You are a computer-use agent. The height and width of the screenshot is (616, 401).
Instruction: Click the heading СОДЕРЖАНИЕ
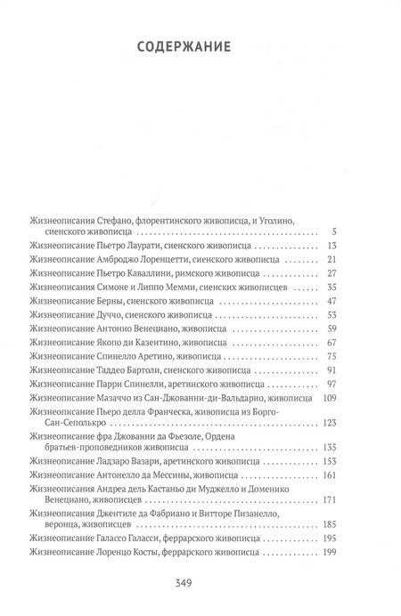[200, 46]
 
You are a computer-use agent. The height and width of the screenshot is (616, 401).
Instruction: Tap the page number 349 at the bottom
[200, 583]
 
